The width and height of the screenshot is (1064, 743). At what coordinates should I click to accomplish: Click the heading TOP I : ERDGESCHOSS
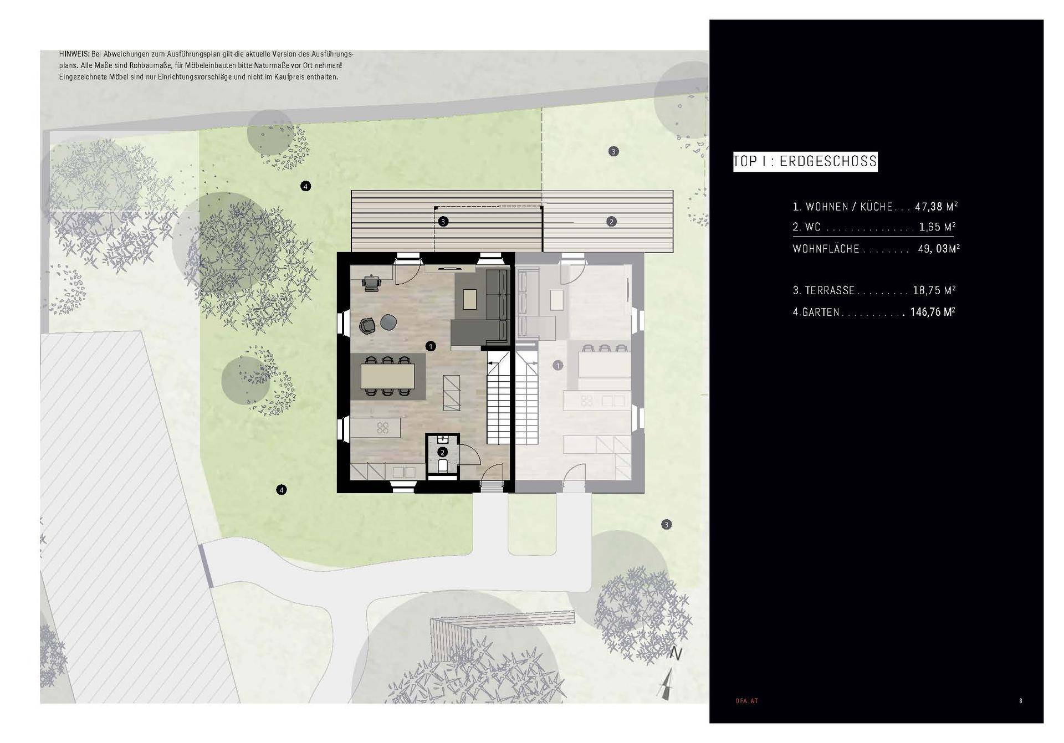(805, 161)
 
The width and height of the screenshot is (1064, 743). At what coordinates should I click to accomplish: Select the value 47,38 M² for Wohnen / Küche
(937, 207)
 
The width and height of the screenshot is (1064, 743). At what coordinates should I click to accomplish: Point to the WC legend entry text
(807, 227)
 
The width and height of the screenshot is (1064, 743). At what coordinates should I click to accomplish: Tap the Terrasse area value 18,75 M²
(934, 290)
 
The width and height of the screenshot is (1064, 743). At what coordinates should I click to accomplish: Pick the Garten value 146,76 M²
(933, 312)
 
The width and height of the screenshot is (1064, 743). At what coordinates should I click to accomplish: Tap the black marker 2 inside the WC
(442, 452)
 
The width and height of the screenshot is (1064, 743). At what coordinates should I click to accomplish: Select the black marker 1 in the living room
(431, 346)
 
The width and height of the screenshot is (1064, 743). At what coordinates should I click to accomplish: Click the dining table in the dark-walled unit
(388, 376)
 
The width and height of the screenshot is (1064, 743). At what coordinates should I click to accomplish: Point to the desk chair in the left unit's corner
(371, 283)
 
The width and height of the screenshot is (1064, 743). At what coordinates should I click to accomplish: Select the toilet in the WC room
(442, 467)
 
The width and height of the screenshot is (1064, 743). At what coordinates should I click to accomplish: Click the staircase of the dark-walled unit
(498, 399)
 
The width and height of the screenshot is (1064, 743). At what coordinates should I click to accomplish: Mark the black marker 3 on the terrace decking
(443, 222)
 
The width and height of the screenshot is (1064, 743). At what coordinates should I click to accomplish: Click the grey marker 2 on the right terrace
(611, 222)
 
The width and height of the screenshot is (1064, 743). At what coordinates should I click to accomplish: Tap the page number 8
(1021, 701)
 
